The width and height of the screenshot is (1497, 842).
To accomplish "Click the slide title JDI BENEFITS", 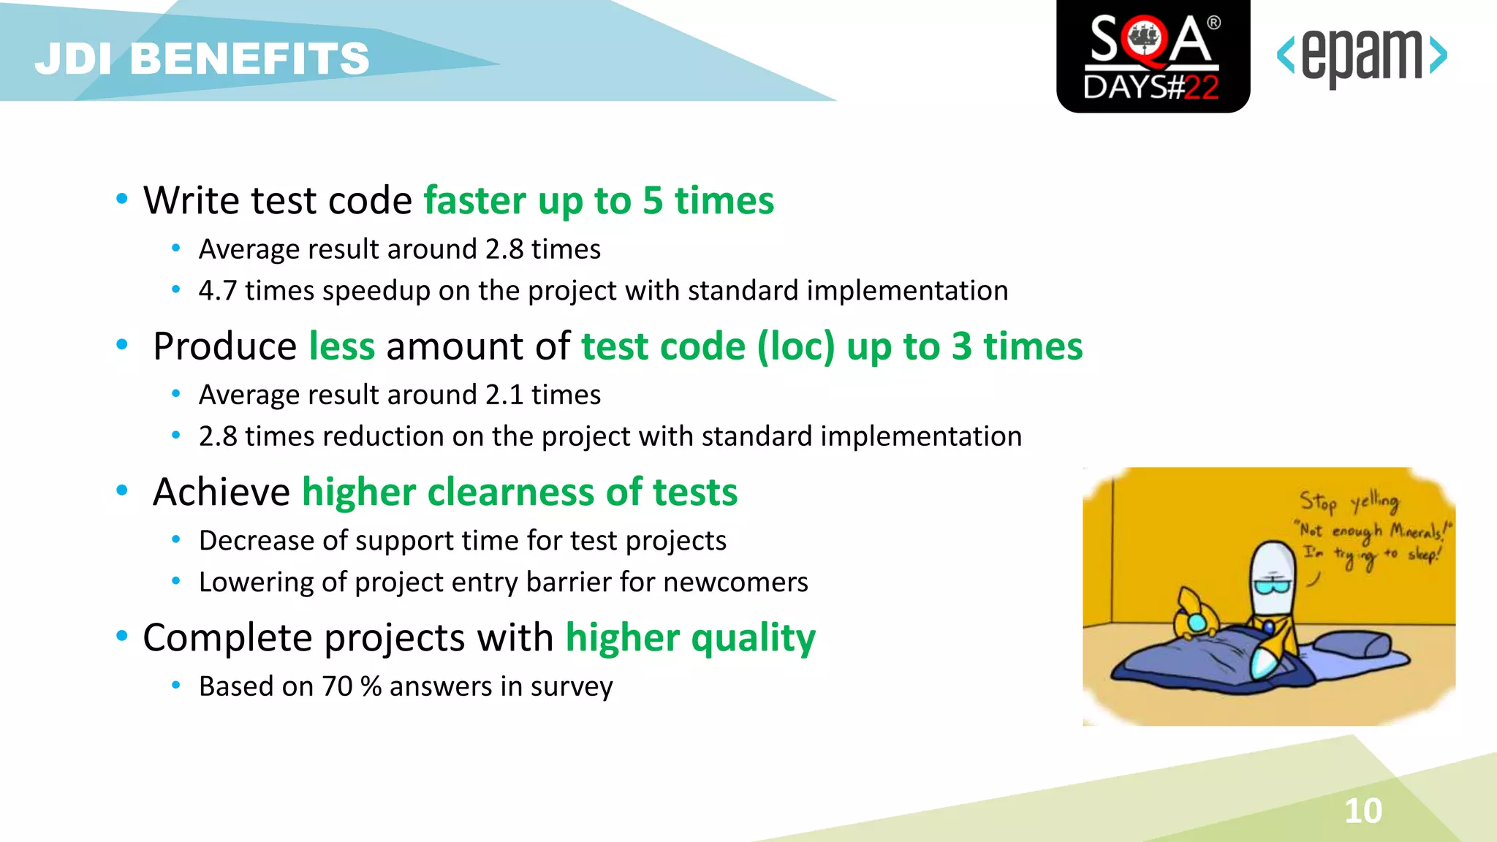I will pyautogui.click(x=202, y=58).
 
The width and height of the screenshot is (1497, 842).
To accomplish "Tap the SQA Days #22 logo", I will pyautogui.click(x=1153, y=57).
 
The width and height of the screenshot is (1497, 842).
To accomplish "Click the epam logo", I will pyautogui.click(x=1361, y=57).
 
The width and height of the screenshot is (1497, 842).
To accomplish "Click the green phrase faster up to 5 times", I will pyautogui.click(x=598, y=201).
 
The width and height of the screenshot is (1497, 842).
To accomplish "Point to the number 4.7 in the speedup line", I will pyautogui.click(x=217, y=291).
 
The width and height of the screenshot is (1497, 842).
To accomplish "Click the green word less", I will pyautogui.click(x=341, y=346).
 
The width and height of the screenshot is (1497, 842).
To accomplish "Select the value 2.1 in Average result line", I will pyautogui.click(x=504, y=395).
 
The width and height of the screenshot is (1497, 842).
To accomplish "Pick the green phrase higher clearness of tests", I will pyautogui.click(x=519, y=492).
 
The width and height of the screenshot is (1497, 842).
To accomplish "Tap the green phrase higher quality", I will pyautogui.click(x=690, y=637).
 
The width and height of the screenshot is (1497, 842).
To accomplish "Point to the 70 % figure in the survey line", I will pyautogui.click(x=352, y=687).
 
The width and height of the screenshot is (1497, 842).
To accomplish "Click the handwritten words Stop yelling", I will pyautogui.click(x=1349, y=501).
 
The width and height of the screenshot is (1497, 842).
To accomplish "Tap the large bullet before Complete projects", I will pyautogui.click(x=122, y=637).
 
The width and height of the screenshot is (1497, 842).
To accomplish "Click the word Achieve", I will pyautogui.click(x=221, y=492).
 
